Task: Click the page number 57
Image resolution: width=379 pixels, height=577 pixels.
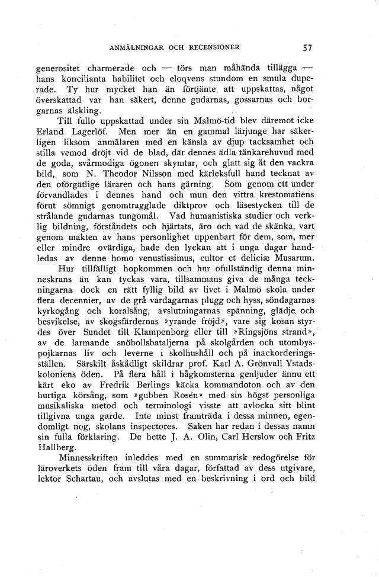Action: pos(307,48)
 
